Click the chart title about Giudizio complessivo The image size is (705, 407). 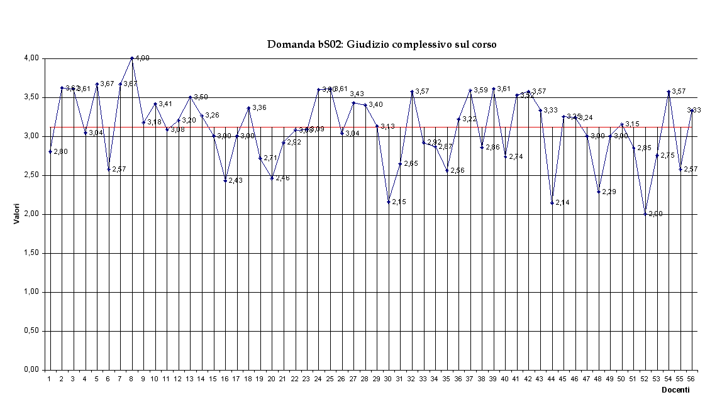pyautogui.click(x=382, y=45)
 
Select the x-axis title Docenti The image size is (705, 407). pyautogui.click(x=675, y=390)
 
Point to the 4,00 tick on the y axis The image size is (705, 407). pyautogui.click(x=31, y=58)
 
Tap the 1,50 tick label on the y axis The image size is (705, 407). pyautogui.click(x=31, y=253)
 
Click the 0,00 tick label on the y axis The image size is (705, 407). pyautogui.click(x=31, y=370)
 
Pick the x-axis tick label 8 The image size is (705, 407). pyautogui.click(x=131, y=379)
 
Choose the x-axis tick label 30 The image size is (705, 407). pyautogui.click(x=387, y=379)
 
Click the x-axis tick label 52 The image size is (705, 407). pyautogui.click(x=645, y=379)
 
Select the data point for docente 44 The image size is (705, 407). pyautogui.click(x=552, y=203)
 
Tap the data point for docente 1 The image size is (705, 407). pyautogui.click(x=50, y=151)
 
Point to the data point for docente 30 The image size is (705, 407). pyautogui.click(x=388, y=202)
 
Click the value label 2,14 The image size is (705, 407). pyautogui.click(x=562, y=202)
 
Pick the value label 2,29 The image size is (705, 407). pyautogui.click(x=609, y=192)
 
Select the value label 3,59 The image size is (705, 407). pyautogui.click(x=481, y=90)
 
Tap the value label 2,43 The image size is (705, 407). pyautogui.click(x=236, y=180)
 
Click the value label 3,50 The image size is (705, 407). pyautogui.click(x=201, y=97)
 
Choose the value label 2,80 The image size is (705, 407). pyautogui.click(x=61, y=152)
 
